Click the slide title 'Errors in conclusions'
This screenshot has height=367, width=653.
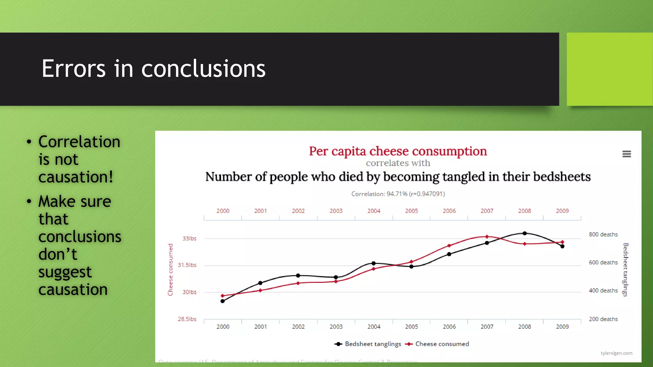(153, 68)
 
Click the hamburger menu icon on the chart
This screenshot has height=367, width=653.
(627, 154)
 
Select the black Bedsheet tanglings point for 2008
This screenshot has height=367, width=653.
(525, 234)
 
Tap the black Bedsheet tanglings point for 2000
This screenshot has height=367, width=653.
(223, 301)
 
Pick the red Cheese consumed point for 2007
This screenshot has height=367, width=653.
(487, 237)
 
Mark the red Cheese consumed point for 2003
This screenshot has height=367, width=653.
(336, 282)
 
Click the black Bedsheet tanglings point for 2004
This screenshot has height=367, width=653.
(374, 263)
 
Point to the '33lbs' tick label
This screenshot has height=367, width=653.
(189, 239)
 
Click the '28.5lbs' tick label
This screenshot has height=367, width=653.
(187, 319)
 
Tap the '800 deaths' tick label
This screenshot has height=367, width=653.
(603, 234)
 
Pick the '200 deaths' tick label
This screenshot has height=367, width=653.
(603, 319)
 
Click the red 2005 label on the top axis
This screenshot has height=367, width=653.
(411, 211)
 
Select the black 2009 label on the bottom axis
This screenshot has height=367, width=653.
(562, 327)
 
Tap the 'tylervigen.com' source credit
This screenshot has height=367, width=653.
(616, 353)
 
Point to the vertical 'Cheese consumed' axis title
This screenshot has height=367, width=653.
(170, 270)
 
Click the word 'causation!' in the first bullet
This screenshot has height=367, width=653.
(76, 177)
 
